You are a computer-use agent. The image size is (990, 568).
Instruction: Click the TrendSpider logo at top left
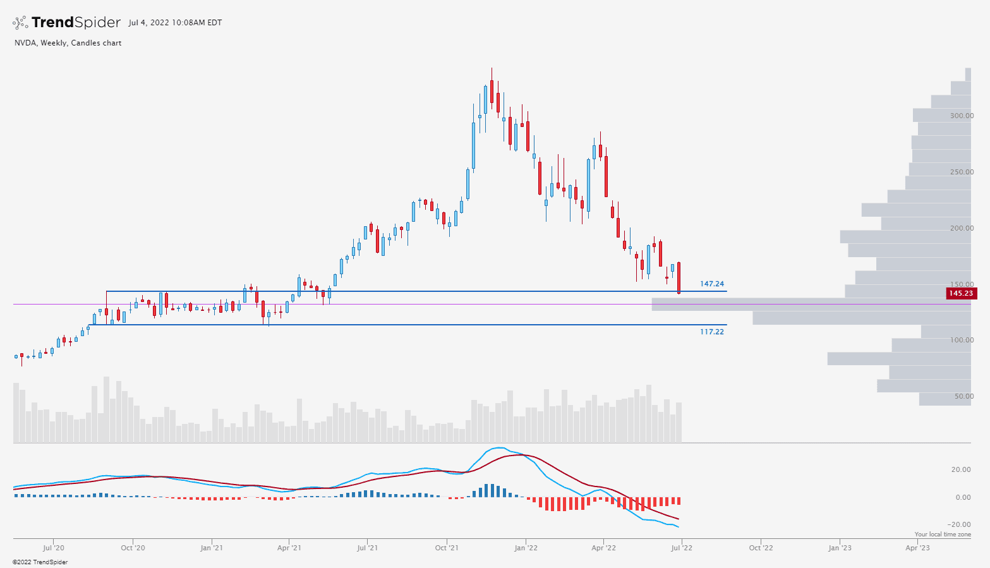[66, 23]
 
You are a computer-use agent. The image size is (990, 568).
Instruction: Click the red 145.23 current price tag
[960, 293]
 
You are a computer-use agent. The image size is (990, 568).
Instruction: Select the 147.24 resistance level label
[712, 284]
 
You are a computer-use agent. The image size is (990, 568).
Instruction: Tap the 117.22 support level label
[712, 332]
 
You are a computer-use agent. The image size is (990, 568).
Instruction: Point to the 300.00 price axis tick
[962, 116]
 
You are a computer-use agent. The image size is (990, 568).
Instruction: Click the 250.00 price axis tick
[962, 172]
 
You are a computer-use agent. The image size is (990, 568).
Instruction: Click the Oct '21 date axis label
[447, 548]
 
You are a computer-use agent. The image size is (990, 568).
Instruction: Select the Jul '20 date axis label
[54, 548]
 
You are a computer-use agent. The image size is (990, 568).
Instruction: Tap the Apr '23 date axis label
[917, 548]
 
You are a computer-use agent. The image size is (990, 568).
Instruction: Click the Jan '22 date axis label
[526, 548]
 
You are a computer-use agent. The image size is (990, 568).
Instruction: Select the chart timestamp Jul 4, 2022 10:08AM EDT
[175, 23]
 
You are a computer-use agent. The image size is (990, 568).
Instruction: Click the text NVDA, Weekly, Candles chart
[68, 43]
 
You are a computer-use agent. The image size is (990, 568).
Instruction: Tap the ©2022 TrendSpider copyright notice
[40, 562]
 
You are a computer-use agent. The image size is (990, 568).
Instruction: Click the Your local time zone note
[943, 535]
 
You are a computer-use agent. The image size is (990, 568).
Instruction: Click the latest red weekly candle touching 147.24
[679, 278]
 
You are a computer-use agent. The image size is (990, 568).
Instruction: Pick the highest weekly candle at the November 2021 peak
[491, 92]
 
